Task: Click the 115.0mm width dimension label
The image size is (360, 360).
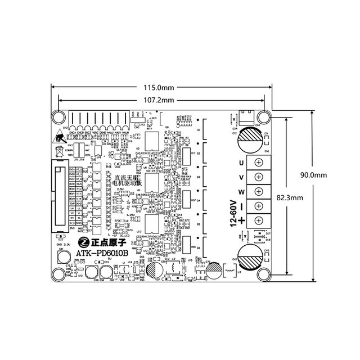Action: pyautogui.click(x=159, y=88)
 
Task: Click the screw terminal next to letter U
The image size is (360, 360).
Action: pyautogui.click(x=260, y=163)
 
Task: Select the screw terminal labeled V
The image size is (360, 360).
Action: pyautogui.click(x=260, y=177)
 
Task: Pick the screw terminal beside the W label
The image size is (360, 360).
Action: pyautogui.click(x=260, y=191)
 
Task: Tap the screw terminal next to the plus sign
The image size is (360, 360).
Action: pyautogui.click(x=260, y=220)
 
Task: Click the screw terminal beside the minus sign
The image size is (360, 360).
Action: pyautogui.click(x=260, y=206)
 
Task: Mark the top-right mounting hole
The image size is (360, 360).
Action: pyautogui.click(x=263, y=116)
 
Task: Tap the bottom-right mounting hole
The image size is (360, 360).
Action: pyautogui.click(x=263, y=274)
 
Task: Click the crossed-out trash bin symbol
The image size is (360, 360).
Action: pyautogui.click(x=60, y=151)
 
